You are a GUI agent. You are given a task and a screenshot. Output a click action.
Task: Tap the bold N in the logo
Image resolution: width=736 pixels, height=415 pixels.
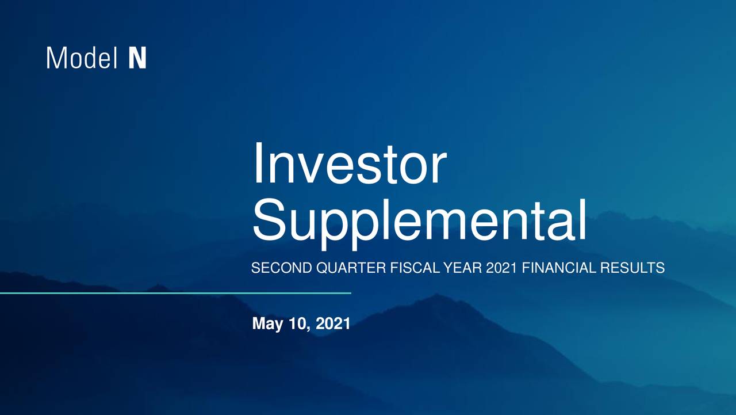click(x=137, y=59)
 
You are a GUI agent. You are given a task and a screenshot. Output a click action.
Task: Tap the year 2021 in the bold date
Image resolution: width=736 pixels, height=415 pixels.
click(x=333, y=324)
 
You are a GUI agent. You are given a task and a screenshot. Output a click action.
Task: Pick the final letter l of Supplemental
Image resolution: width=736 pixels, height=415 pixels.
click(x=582, y=219)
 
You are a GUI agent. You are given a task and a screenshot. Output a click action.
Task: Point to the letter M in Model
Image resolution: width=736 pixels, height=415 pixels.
click(x=55, y=59)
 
